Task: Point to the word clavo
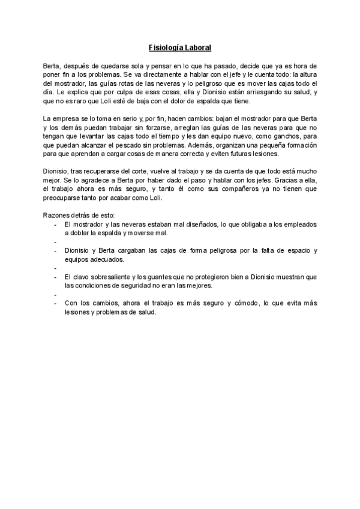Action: click(81, 278)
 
